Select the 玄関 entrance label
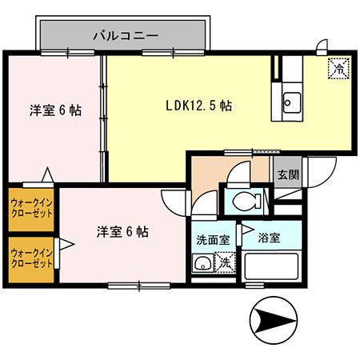pyautogui.click(x=287, y=174)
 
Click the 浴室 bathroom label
pyautogui.click(x=269, y=238)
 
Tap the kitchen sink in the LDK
pyautogui.click(x=290, y=102)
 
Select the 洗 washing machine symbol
pyautogui.click(x=226, y=262)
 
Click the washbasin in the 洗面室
pyautogui.click(x=202, y=262)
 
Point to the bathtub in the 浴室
pyautogui.click(x=271, y=263)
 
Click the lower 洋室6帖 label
pyautogui.click(x=122, y=232)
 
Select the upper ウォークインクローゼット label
pyautogui.click(x=30, y=208)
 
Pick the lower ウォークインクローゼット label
pyautogui.click(x=30, y=258)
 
